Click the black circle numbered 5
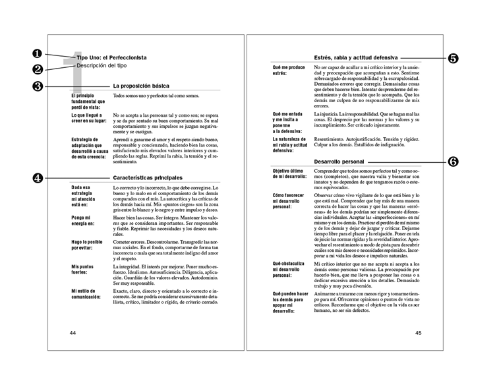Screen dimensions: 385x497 tap(453, 58)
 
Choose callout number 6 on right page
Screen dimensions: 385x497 tap(453, 162)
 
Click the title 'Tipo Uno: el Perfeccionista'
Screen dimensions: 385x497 tap(111, 58)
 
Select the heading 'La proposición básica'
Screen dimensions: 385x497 tap(141, 86)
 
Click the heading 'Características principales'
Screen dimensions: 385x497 tap(147, 177)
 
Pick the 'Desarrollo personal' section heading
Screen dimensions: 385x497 tap(339, 162)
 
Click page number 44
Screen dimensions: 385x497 tap(73, 333)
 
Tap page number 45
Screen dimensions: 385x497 tap(419, 333)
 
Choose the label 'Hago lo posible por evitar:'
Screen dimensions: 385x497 tap(88, 245)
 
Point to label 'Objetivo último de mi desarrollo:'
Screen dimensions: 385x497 tap(290, 175)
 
